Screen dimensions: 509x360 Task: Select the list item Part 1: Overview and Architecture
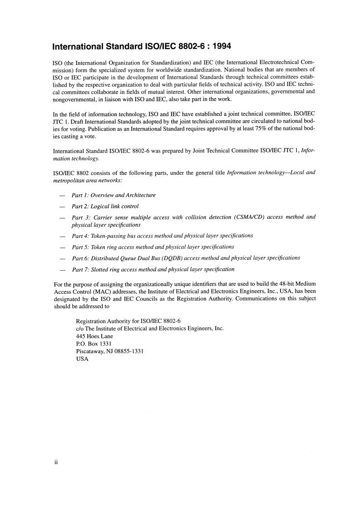tap(113, 195)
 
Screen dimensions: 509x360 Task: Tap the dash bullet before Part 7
tap(62, 269)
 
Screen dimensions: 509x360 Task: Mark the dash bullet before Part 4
tap(62, 236)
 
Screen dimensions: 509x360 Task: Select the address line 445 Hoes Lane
tap(94, 336)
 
